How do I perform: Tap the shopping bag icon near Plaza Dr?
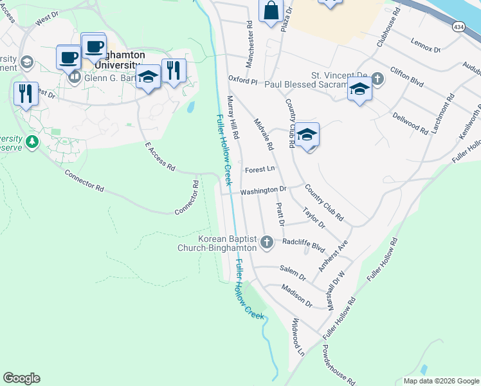pyautogui.click(x=271, y=11)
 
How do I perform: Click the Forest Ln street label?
pyautogui.click(x=260, y=170)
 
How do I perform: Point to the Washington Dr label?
pyautogui.click(x=263, y=191)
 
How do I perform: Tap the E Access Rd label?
pyautogui.click(x=160, y=156)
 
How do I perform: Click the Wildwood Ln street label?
pyautogui.click(x=298, y=336)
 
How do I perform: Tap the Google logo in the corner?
pyautogui.click(x=21, y=378)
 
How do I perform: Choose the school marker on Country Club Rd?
pyautogui.click(x=308, y=136)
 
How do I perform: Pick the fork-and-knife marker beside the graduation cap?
pyautogui.click(x=174, y=70)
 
